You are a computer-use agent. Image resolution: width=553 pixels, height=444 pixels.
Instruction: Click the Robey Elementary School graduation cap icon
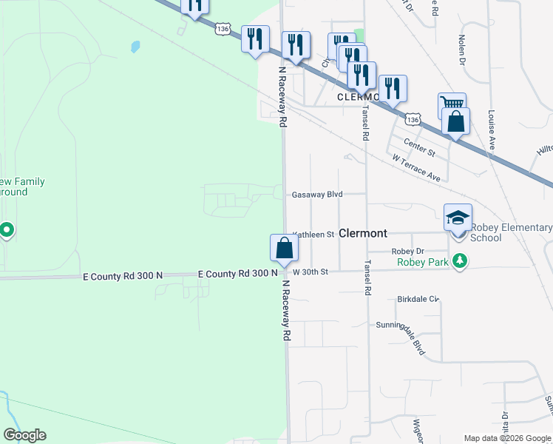(x=458, y=218)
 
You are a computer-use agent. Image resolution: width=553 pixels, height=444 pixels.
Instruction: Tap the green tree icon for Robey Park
(x=461, y=260)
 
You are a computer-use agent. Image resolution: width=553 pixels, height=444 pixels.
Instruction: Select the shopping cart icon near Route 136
(x=451, y=104)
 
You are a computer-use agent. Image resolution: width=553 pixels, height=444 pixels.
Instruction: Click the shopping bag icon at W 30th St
(x=284, y=249)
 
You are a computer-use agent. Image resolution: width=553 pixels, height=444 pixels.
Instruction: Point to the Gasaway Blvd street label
(x=317, y=195)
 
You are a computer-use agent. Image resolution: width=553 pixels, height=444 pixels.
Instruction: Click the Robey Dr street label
(x=407, y=252)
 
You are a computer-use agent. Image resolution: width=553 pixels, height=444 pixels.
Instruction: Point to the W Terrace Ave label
(x=417, y=169)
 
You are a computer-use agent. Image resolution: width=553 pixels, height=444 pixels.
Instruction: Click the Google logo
(x=24, y=435)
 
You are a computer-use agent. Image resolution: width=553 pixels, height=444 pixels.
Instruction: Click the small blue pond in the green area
(x=135, y=47)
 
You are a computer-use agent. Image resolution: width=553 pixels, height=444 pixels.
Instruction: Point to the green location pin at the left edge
(x=7, y=231)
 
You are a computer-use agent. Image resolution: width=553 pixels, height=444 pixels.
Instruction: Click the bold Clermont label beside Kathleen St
(x=362, y=233)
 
